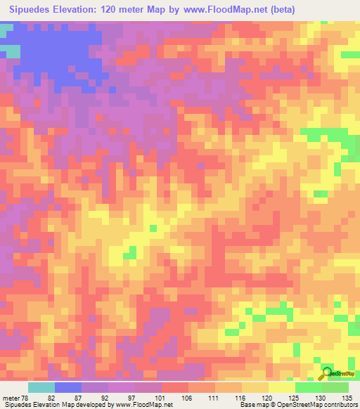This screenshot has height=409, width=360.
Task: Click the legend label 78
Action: (26, 397)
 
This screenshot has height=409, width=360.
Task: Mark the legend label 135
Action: (347, 397)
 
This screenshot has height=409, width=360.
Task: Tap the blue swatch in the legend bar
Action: (68, 387)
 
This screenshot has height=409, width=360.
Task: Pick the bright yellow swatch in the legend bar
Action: (282, 387)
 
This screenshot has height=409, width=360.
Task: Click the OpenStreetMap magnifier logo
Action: (327, 373)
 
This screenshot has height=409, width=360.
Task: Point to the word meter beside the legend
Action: (11, 397)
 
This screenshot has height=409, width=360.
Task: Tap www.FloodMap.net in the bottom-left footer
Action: (143, 405)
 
